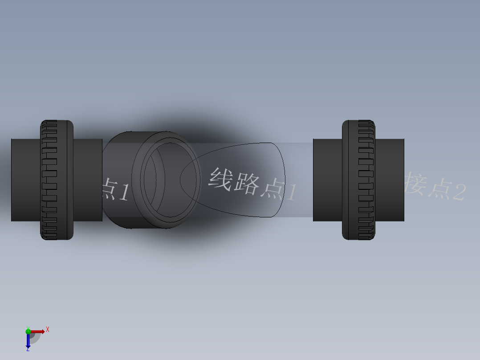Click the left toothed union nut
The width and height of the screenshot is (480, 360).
click(x=57, y=180)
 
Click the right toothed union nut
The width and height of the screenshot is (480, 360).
click(x=358, y=180)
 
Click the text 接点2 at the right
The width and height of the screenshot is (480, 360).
click(x=435, y=188)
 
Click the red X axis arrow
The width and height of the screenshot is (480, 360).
click(x=38, y=331)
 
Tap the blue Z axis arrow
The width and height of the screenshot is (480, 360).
click(x=28, y=341)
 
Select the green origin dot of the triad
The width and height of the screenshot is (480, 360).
click(x=28, y=331)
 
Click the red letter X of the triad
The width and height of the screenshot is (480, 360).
click(x=48, y=329)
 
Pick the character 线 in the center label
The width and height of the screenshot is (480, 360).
click(x=221, y=179)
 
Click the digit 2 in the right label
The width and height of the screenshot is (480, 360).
click(x=459, y=192)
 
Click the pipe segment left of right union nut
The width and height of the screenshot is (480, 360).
click(x=327, y=180)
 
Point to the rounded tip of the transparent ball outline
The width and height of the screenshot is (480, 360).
click(x=181, y=180)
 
